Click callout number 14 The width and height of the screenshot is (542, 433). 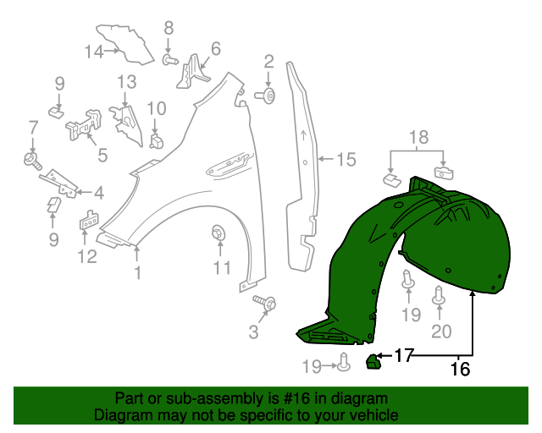click(93, 52)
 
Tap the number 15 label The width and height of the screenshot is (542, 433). click(346, 158)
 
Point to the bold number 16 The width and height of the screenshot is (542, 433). click(460, 368)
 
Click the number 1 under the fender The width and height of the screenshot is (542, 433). click(136, 272)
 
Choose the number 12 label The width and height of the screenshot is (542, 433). click(88, 256)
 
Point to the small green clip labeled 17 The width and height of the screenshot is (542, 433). click(372, 362)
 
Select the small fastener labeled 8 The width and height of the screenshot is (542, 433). click(169, 60)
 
